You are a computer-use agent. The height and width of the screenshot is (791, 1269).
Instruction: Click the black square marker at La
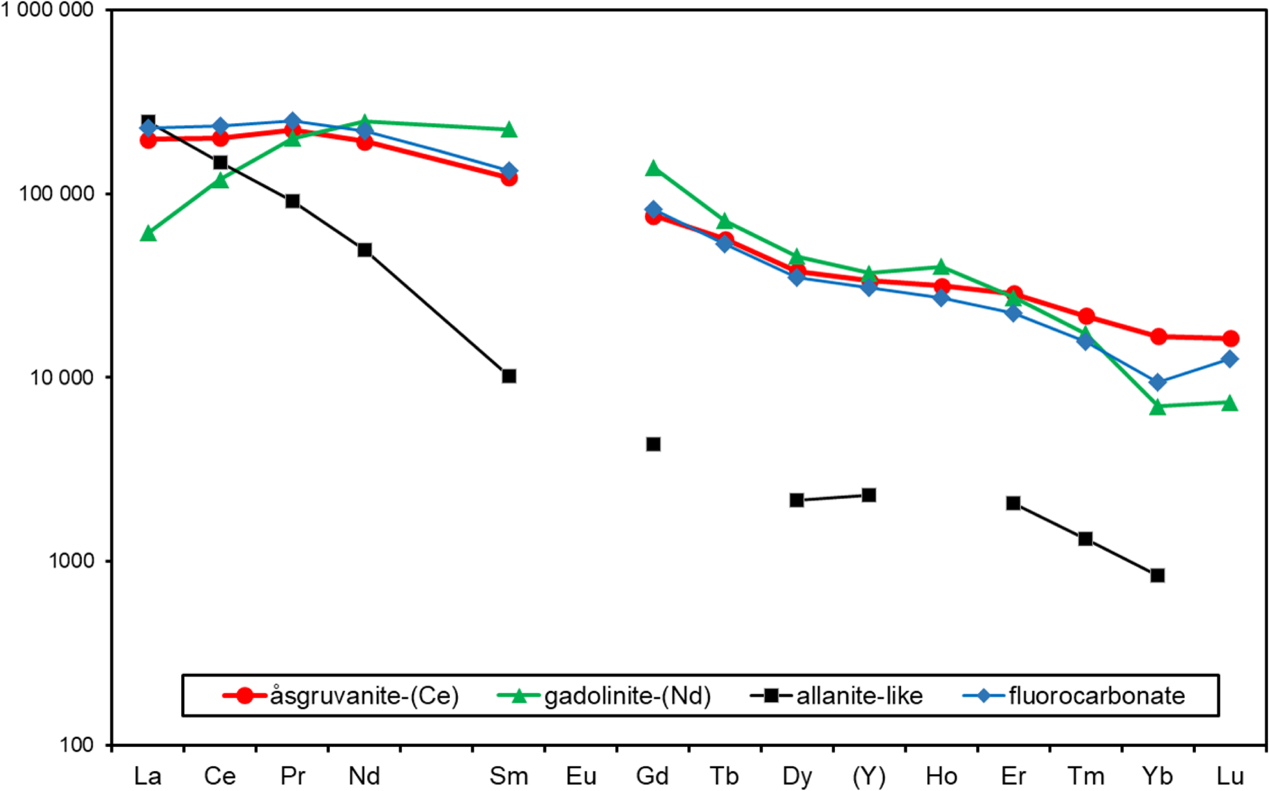click(x=148, y=122)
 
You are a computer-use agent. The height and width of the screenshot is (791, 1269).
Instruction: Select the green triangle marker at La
click(x=148, y=234)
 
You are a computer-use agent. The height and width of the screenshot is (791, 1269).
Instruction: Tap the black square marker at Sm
click(x=509, y=376)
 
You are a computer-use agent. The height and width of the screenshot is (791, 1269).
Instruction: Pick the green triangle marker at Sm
click(x=509, y=129)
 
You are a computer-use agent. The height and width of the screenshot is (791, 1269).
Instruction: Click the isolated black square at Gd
click(x=653, y=444)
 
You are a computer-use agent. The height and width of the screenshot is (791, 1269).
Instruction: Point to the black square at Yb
click(x=1158, y=575)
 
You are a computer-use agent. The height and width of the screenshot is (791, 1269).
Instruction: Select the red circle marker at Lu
click(x=1230, y=338)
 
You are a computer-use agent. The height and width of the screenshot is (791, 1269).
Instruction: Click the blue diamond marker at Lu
click(x=1230, y=359)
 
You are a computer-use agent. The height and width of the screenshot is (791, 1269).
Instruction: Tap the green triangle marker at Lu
click(x=1230, y=403)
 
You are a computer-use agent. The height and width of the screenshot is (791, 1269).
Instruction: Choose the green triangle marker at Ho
click(x=941, y=267)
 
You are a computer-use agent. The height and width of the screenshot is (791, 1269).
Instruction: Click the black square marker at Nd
click(x=365, y=250)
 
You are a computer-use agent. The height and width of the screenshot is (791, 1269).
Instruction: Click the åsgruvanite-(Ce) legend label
click(x=364, y=696)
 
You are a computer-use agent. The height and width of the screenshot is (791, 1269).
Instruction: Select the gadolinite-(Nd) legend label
click(x=627, y=696)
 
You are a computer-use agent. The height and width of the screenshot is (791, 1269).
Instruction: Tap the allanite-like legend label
click(x=860, y=696)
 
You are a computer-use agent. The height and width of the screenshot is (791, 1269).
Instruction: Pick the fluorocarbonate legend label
click(x=1096, y=696)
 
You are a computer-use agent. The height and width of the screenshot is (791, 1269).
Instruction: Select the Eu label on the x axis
click(x=581, y=776)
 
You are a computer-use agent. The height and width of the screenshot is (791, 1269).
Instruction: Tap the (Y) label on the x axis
click(x=869, y=776)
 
